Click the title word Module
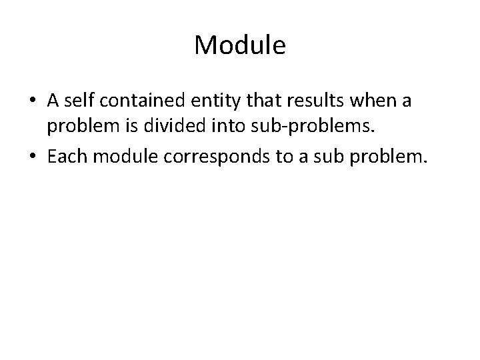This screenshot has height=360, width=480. click(240, 45)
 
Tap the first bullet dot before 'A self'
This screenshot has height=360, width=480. click(32, 101)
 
